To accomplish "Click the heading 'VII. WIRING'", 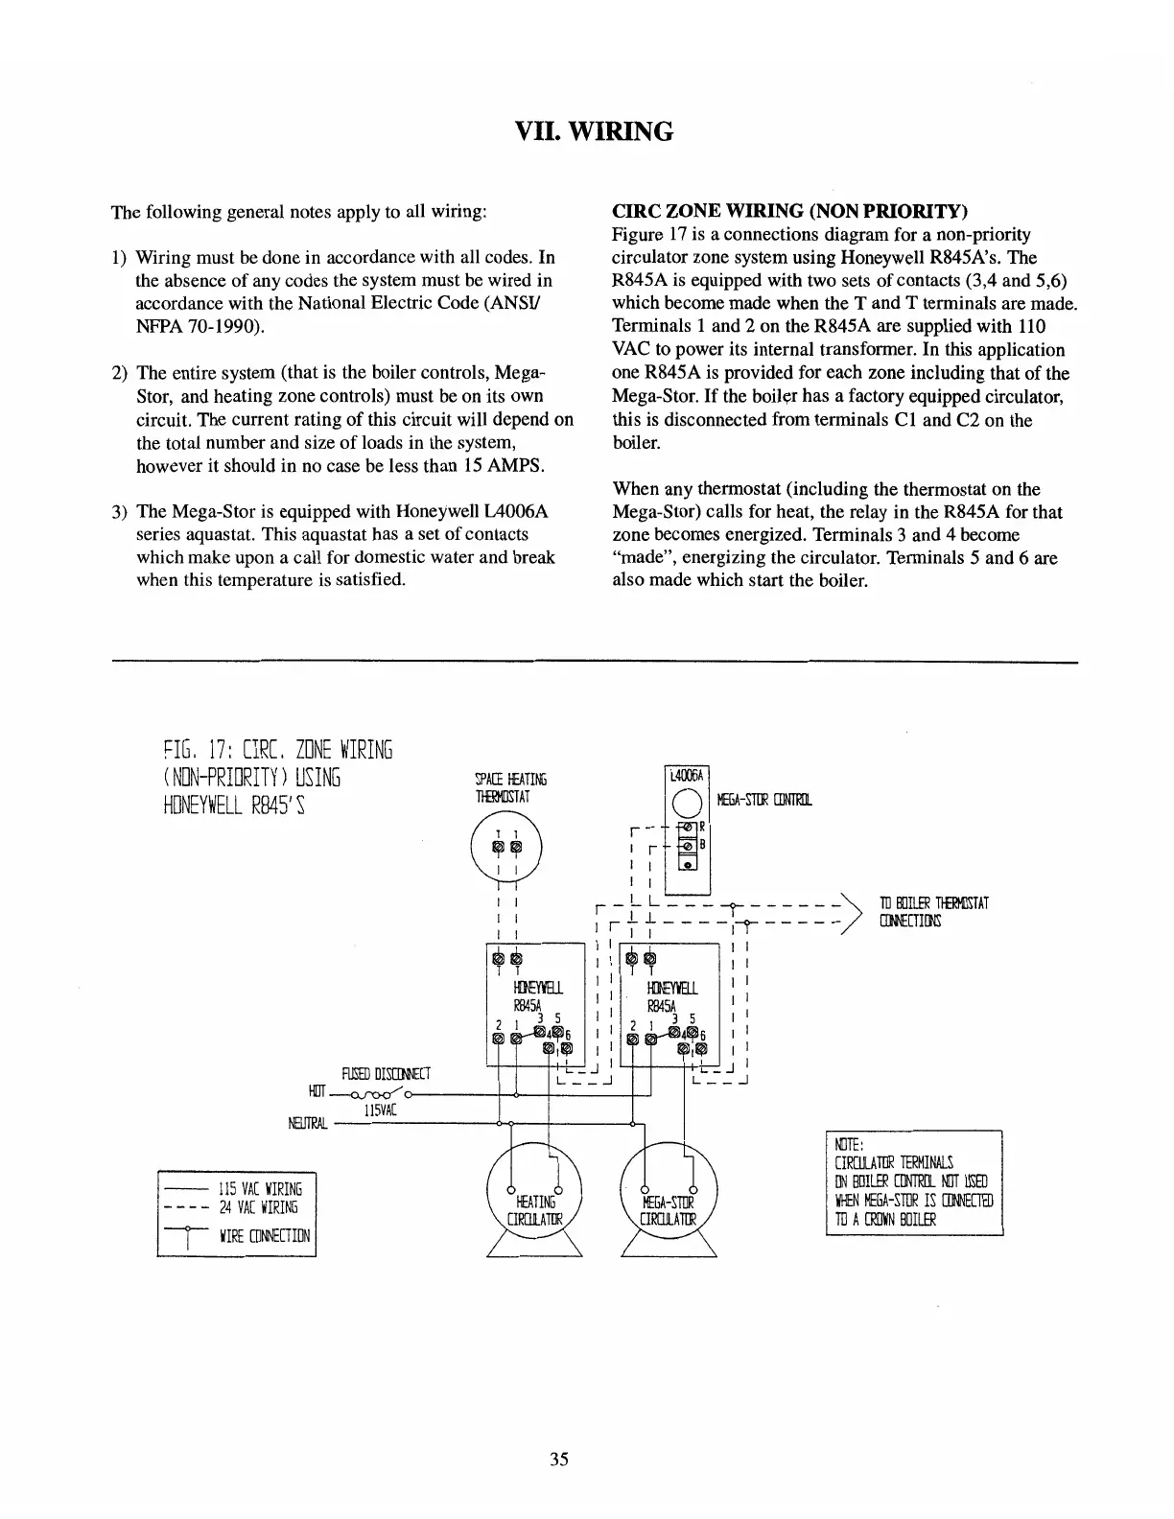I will coord(586,130).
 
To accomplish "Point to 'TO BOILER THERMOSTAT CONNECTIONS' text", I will coord(933,912).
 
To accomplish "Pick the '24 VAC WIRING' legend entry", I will coord(259,1207).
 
